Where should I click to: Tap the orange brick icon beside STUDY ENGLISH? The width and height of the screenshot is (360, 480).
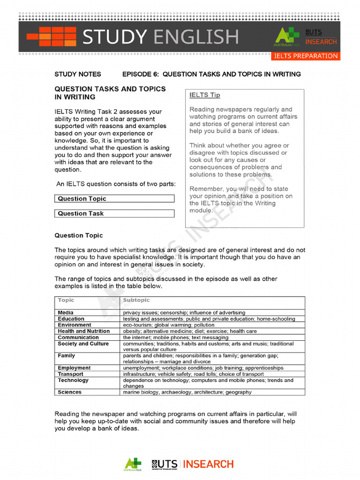[x=51, y=37]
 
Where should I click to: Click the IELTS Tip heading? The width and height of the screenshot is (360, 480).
[x=204, y=95]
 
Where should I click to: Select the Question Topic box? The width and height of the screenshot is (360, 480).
[x=114, y=199]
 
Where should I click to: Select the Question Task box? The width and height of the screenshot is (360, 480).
[x=114, y=214]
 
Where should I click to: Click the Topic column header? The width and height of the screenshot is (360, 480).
[x=66, y=300]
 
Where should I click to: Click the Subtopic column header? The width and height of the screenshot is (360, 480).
[x=136, y=300]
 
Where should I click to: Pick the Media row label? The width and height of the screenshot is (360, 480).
[x=66, y=313]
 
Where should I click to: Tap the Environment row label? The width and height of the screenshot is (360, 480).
[x=75, y=325]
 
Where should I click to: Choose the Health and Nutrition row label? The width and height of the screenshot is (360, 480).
[x=83, y=331]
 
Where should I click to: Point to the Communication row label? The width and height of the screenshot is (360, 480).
[x=78, y=337]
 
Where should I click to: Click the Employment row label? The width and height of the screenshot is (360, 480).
[x=74, y=368]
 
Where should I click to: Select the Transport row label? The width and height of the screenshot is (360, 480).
[x=70, y=374]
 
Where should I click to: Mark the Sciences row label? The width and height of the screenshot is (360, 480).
[x=69, y=392]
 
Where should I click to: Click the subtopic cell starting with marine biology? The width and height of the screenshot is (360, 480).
[x=187, y=392]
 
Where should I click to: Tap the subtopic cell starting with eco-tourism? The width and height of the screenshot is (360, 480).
[x=168, y=325]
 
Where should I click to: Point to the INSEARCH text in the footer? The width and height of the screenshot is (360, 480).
[x=208, y=464]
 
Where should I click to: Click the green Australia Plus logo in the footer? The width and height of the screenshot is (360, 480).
[x=133, y=464]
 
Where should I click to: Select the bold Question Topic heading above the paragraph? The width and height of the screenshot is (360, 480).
[x=79, y=235]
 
